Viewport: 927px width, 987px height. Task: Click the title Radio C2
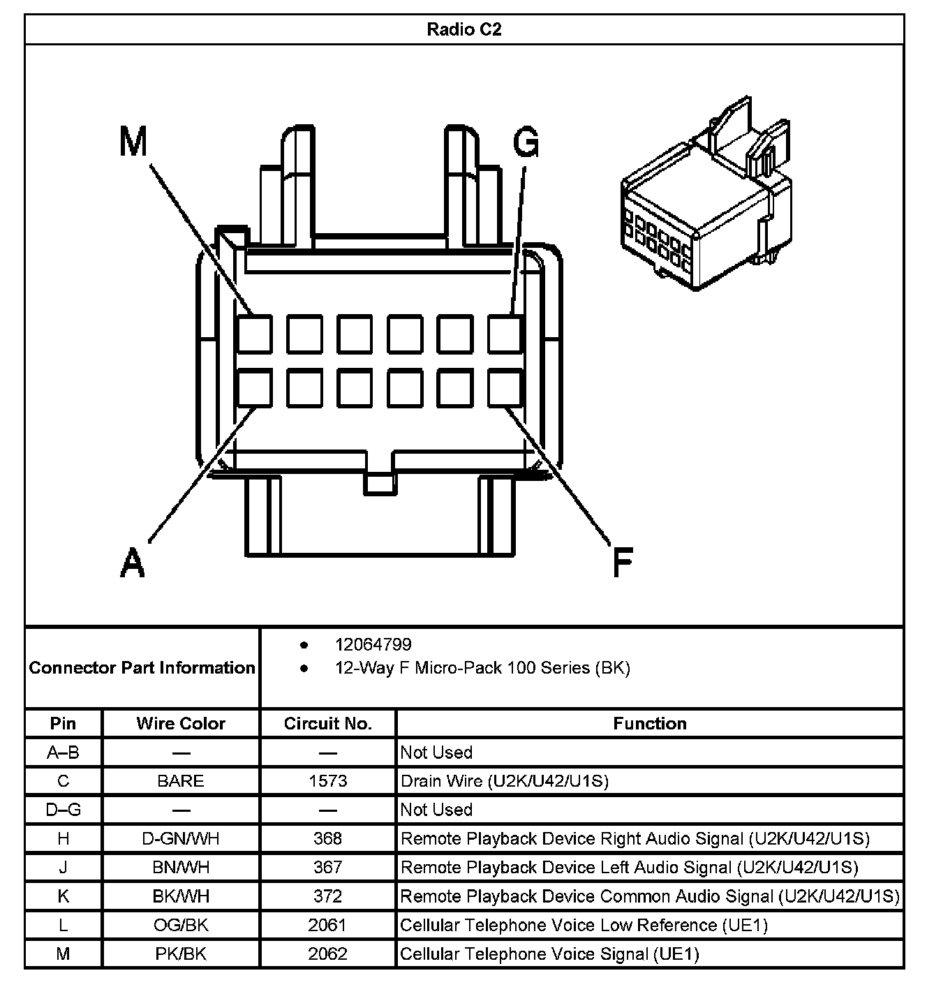click(463, 29)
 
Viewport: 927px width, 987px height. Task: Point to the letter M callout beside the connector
click(133, 142)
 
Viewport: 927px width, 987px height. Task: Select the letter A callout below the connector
click(133, 562)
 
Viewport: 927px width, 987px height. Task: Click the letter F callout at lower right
click(622, 562)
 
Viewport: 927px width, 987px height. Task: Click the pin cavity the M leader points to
click(254, 334)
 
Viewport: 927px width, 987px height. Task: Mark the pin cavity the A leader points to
click(254, 388)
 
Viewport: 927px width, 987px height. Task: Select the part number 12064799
click(373, 644)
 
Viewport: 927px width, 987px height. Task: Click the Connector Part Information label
click(142, 668)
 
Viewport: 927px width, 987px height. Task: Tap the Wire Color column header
click(181, 723)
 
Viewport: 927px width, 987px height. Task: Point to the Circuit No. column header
click(327, 723)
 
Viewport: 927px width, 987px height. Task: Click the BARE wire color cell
click(181, 780)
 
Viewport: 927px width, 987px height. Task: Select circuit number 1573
click(327, 780)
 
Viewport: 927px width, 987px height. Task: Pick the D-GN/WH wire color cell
click(181, 838)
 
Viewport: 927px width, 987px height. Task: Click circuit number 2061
click(327, 925)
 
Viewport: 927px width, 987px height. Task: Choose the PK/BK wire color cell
click(181, 953)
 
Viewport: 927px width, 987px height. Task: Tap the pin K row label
click(63, 896)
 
